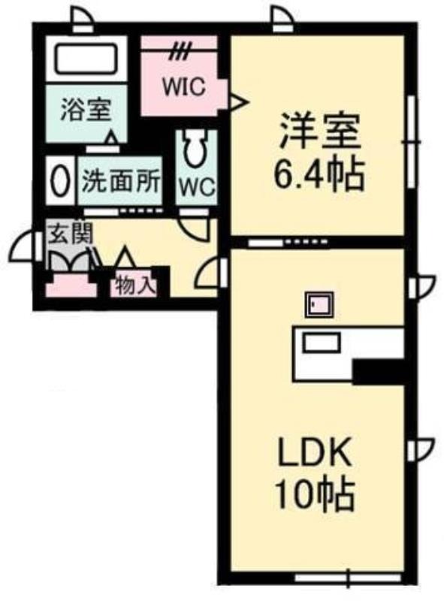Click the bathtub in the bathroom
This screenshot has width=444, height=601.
86,59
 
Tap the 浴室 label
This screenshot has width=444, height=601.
86,110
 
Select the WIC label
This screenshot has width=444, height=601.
183,86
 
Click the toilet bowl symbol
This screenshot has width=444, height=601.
195,148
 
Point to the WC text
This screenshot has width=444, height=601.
197,188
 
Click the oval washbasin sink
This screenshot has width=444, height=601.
60,180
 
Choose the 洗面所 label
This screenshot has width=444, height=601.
121,180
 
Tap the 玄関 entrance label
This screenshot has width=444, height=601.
71,233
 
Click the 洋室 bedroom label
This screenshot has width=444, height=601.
320,131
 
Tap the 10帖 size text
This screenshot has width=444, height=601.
314,494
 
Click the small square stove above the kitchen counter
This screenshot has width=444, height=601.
319,305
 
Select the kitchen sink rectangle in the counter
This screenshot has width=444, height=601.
322,343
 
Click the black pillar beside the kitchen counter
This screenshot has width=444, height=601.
378,372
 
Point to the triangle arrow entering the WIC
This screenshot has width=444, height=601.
238,101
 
